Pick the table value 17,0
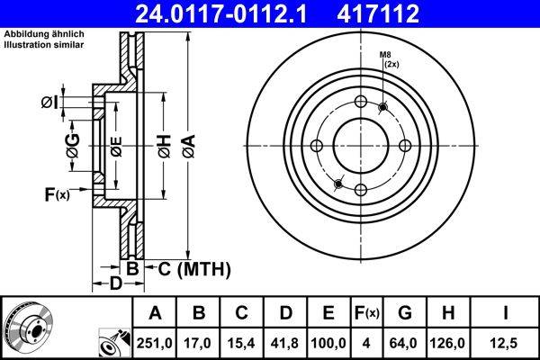[x=199, y=343]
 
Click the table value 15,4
[x=242, y=343]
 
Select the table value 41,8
[x=285, y=343]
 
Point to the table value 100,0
[x=328, y=343]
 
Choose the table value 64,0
[x=406, y=343]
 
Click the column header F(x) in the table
[x=367, y=313]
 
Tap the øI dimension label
[x=49, y=103]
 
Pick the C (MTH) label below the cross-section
[x=194, y=268]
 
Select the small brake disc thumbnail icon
[x=29, y=326]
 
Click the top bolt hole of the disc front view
[x=360, y=102]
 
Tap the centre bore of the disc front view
[x=360, y=146]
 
